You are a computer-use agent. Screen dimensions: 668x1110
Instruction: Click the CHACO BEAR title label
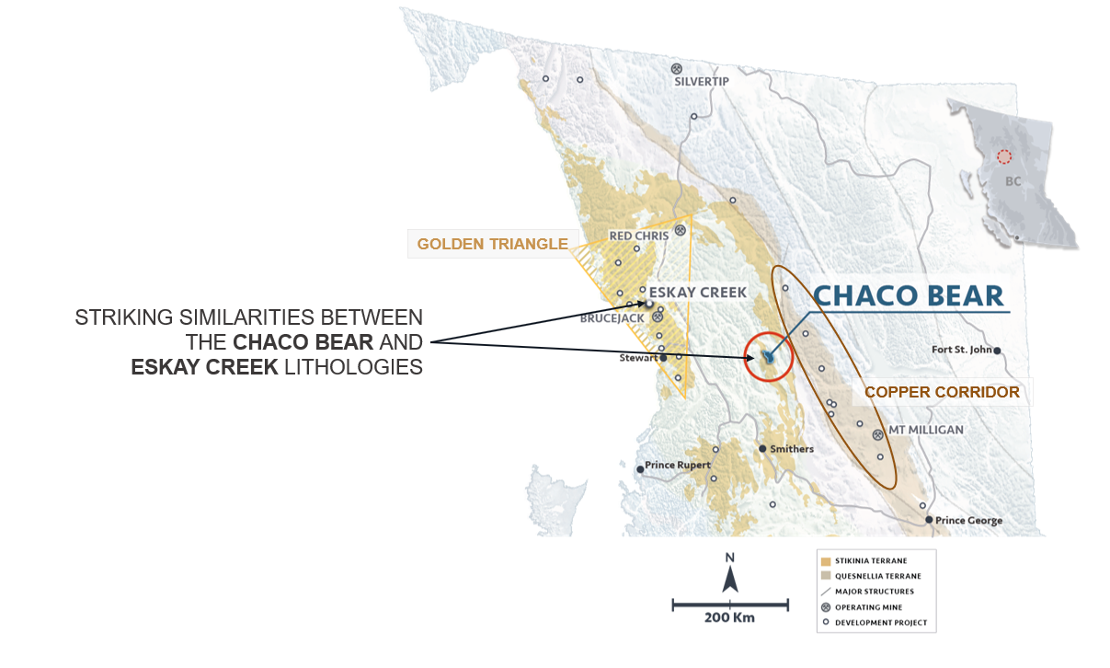[x=908, y=295]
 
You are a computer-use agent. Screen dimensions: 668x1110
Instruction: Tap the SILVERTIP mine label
[x=701, y=82]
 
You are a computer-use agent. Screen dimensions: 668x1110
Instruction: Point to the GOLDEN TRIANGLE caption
[x=492, y=244]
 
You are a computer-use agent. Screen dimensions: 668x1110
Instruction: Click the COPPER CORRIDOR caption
[x=942, y=392]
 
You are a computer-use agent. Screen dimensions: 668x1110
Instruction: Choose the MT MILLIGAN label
[x=926, y=430]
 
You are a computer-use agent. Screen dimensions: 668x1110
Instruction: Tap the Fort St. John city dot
[x=997, y=351]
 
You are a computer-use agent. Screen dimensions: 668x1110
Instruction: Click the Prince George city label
[x=968, y=521]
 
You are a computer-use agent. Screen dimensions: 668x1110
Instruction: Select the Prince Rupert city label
[x=679, y=466]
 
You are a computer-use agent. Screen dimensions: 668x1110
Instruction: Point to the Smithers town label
[x=792, y=449]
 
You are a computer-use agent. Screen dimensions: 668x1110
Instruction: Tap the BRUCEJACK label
[x=614, y=318]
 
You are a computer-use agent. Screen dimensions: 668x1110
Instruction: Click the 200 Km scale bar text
[x=729, y=617]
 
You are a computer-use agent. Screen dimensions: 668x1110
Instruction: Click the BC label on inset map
[x=1013, y=181]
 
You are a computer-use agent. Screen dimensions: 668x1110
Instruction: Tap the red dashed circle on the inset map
[x=1004, y=157]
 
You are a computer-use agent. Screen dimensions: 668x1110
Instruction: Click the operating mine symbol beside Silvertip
[x=677, y=68]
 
